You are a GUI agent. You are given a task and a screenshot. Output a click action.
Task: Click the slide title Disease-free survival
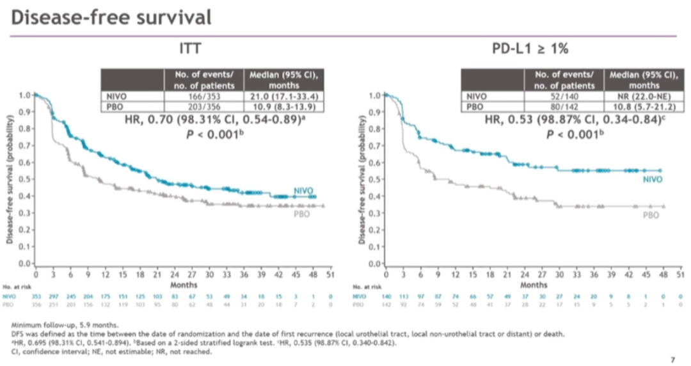(111, 17)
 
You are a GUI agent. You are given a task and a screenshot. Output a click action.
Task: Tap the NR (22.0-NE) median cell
(644, 96)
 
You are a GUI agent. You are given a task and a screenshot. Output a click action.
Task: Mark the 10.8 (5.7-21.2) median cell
(644, 106)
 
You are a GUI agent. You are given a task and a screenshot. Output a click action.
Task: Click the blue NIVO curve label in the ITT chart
(304, 191)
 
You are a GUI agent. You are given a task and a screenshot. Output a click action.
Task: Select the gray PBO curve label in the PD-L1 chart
(650, 215)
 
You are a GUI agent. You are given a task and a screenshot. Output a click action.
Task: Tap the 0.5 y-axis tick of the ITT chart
(24, 179)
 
